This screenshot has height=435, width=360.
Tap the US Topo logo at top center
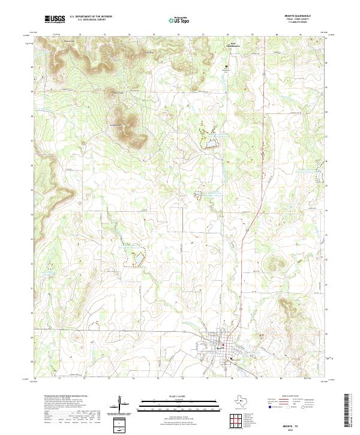coord(181,19)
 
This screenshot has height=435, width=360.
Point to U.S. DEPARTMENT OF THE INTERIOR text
coord(91,16)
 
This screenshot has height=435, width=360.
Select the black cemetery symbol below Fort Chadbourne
coord(226,66)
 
